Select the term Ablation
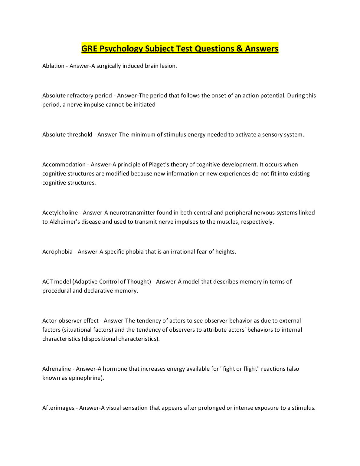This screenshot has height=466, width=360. pyautogui.click(x=53, y=66)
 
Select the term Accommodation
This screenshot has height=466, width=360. pyautogui.click(x=64, y=165)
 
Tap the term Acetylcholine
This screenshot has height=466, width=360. pyautogui.click(x=60, y=213)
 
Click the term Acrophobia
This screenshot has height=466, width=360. pyautogui.click(x=57, y=252)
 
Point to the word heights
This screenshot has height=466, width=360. pyautogui.click(x=225, y=252)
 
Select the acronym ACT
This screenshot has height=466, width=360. pyautogui.click(x=47, y=282)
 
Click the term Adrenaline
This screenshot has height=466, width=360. pyautogui.click(x=57, y=369)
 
